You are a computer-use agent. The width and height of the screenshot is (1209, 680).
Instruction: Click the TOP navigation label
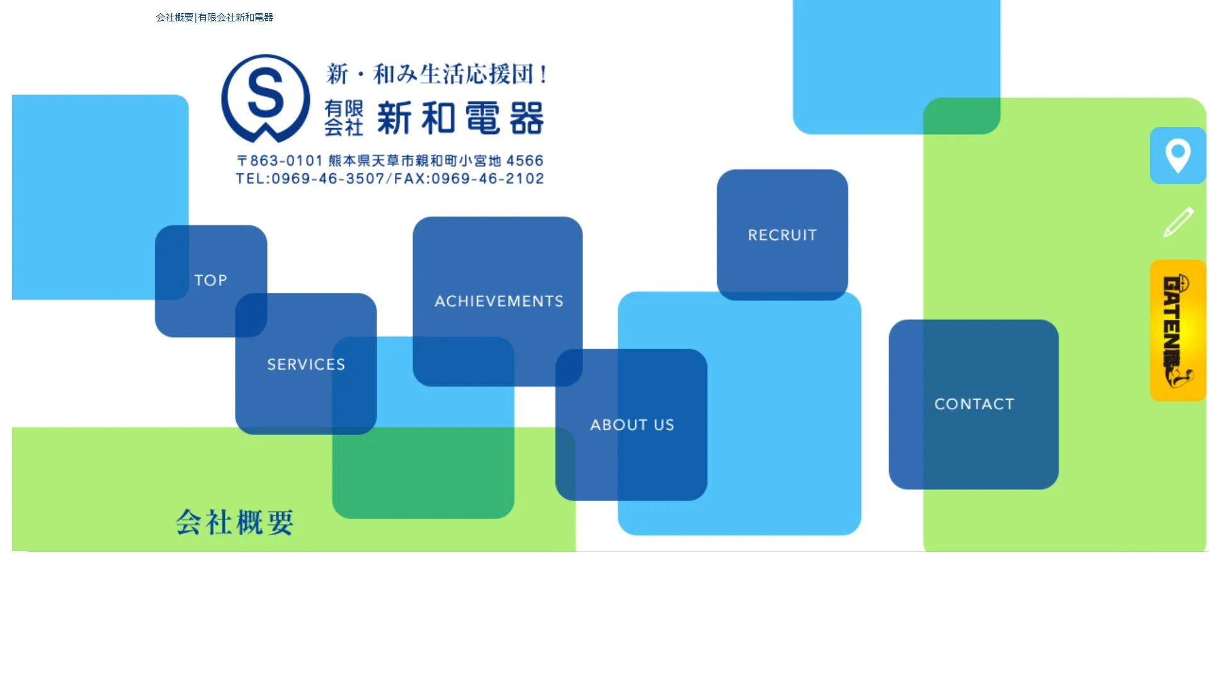pyautogui.click(x=210, y=280)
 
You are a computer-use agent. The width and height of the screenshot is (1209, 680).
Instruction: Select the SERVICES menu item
pyautogui.click(x=306, y=365)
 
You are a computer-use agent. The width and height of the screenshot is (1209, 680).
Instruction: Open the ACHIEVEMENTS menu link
pyautogui.click(x=499, y=302)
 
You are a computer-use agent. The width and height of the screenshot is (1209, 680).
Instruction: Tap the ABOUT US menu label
pyautogui.click(x=632, y=425)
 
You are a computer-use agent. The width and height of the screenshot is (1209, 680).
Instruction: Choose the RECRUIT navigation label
pyautogui.click(x=782, y=235)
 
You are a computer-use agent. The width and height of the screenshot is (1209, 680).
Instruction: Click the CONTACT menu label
pyautogui.click(x=974, y=404)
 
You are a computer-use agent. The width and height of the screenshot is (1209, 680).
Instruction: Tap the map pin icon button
pyautogui.click(x=1178, y=156)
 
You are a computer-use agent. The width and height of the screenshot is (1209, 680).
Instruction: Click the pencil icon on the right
pyautogui.click(x=1178, y=222)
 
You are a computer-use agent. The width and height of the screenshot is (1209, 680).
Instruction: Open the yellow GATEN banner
pyautogui.click(x=1178, y=331)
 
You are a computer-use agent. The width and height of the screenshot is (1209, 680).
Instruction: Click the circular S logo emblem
pyautogui.click(x=266, y=98)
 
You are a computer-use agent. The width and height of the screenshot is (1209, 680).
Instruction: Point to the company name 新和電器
pyautogui.click(x=460, y=118)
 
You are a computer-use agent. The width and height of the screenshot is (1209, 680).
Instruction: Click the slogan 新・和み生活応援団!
pyautogui.click(x=437, y=74)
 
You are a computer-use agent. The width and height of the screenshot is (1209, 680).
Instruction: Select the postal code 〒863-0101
pyautogui.click(x=280, y=161)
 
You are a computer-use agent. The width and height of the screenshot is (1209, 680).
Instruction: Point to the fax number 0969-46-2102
pyautogui.click(x=487, y=179)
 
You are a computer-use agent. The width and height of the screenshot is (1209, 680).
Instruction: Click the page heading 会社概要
pyautogui.click(x=235, y=523)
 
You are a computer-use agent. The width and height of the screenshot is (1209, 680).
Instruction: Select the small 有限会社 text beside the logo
pyautogui.click(x=344, y=118)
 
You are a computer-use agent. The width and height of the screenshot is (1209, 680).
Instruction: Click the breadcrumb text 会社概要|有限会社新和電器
pyautogui.click(x=215, y=18)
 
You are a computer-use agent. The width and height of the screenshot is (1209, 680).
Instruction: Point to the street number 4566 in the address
pyautogui.click(x=525, y=161)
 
